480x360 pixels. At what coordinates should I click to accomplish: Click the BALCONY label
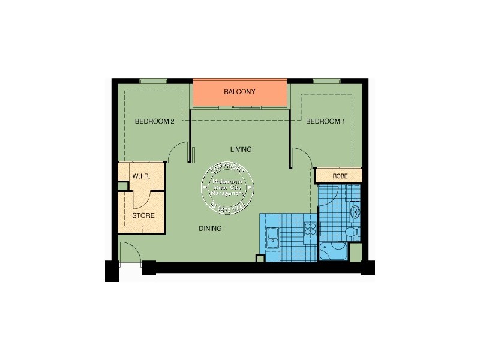239,92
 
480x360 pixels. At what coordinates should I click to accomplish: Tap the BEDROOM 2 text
154,121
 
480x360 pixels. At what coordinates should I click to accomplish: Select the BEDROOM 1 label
326,121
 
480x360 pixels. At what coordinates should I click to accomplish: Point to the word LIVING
241,149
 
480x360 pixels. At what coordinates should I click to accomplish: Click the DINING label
211,229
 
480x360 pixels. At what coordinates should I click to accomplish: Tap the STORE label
143,215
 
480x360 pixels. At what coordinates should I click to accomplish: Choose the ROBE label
339,175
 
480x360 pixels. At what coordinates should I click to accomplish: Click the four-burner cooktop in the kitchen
310,229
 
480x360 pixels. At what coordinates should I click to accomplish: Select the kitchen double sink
272,237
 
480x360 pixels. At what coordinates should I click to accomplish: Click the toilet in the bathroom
353,232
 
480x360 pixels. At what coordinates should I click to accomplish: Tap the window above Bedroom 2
154,81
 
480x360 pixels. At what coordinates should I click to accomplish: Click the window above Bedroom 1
326,81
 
